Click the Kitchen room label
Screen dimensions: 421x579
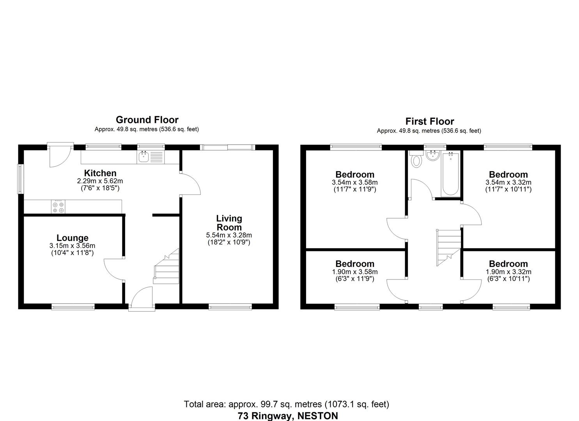coord(100,173)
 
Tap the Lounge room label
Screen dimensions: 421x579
coord(73,238)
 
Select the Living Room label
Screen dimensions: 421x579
coord(229,223)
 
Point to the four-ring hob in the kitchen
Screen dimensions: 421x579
coord(58,207)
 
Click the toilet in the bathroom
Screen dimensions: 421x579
coord(416,160)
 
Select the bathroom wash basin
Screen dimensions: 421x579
coord(432,156)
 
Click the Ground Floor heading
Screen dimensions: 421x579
coord(147,120)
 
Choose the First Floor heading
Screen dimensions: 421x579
coord(429,121)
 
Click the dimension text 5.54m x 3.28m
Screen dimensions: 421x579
coord(229,235)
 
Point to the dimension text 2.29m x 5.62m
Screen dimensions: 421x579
coord(100,181)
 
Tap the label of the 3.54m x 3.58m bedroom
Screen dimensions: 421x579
coord(355,175)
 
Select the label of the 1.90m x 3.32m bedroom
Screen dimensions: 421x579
coord(508,264)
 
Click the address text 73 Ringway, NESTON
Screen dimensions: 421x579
coord(288,416)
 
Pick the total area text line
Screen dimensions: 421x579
coord(286,404)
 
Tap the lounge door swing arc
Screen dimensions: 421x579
coord(113,269)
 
